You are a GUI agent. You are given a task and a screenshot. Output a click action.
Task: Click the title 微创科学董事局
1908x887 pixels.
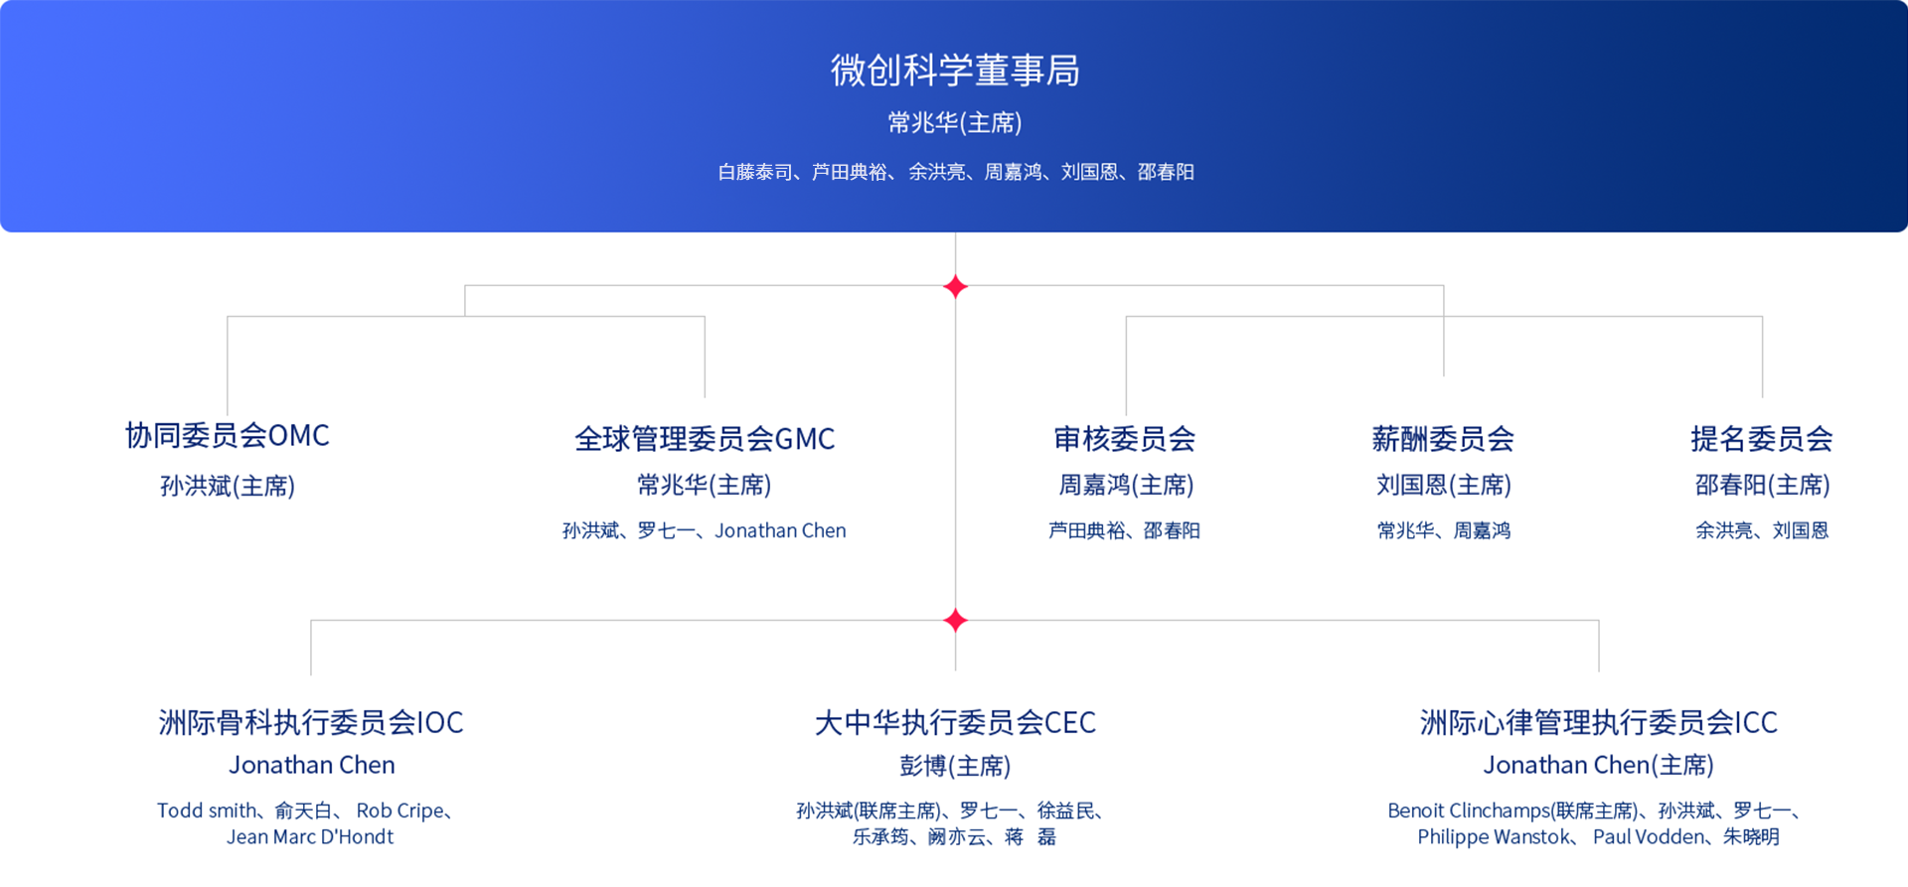pos(955,71)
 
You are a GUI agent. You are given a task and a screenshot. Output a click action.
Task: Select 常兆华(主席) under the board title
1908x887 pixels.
pos(955,122)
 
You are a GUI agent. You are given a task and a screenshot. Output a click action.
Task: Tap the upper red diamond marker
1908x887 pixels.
pos(955,287)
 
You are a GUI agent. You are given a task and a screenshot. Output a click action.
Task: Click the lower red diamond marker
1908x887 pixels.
pos(955,621)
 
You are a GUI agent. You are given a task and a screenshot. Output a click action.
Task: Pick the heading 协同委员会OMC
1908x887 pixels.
pos(228,435)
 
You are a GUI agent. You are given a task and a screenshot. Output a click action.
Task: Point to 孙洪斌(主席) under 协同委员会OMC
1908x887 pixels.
pos(228,486)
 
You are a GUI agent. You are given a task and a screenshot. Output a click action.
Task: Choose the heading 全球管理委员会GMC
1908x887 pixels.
pos(705,439)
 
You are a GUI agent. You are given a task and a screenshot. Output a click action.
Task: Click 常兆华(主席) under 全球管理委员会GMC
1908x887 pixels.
pos(705,485)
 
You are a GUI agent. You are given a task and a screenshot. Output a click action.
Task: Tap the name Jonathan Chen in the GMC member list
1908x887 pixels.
pos(780,530)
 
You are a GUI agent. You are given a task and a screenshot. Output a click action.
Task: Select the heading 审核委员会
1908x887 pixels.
pos(1125,439)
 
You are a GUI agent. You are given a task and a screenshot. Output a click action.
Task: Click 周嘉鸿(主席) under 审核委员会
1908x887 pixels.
pos(1126,485)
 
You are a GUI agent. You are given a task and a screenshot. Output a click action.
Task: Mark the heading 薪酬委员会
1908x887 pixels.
pos(1443,439)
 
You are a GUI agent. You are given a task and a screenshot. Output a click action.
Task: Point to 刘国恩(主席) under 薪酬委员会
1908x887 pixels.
pos(1444,485)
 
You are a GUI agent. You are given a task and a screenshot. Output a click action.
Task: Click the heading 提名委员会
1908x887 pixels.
pos(1762,439)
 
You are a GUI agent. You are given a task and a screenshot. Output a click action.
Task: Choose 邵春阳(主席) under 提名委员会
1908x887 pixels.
pos(1763,485)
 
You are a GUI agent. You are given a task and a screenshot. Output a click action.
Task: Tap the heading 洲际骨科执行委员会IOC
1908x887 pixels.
pos(311,722)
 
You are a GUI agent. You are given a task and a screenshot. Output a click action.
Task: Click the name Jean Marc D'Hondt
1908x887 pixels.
pos(310,836)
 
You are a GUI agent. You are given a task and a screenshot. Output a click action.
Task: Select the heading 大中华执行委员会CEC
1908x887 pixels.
pos(955,722)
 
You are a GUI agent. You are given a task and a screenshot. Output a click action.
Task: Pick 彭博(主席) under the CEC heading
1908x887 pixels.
pos(955,766)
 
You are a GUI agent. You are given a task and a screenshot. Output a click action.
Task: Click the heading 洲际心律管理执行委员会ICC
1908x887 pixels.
pos(1599,722)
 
